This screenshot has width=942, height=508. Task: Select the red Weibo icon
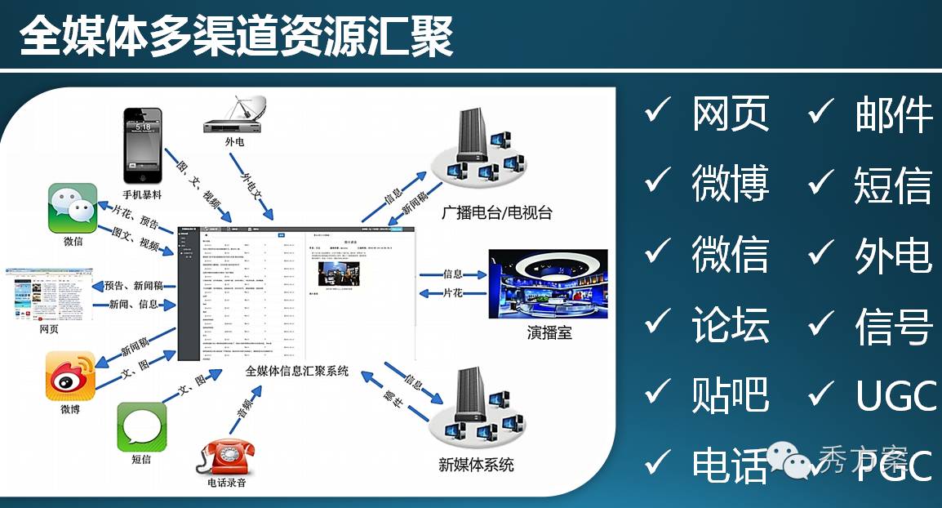70,376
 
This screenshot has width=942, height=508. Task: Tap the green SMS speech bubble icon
142,426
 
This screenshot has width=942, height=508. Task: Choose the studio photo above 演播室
548,283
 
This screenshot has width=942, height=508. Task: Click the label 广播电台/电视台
496,214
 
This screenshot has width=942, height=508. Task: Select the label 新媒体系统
476,465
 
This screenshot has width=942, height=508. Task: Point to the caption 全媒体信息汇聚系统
297,371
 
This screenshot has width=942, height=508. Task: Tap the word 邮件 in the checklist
893,114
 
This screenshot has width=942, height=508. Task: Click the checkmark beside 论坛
657,323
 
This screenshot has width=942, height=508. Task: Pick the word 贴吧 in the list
730,395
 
